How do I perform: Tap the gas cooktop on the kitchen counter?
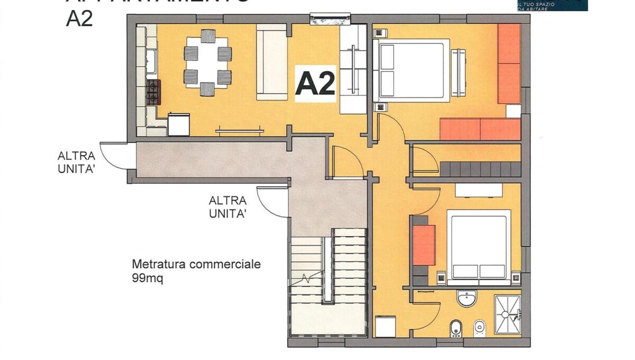[153, 92]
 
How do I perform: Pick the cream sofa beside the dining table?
[271, 62]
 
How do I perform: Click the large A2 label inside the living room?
[315, 84]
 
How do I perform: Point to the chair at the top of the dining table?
[208, 36]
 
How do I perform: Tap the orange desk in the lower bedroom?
[424, 245]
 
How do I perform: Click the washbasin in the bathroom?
[467, 299]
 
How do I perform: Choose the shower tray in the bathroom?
[507, 314]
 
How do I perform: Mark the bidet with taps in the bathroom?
[455, 328]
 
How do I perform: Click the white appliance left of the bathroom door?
[385, 326]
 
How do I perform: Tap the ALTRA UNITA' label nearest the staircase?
[228, 207]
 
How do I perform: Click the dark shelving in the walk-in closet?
[479, 169]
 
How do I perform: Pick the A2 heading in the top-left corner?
[79, 19]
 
